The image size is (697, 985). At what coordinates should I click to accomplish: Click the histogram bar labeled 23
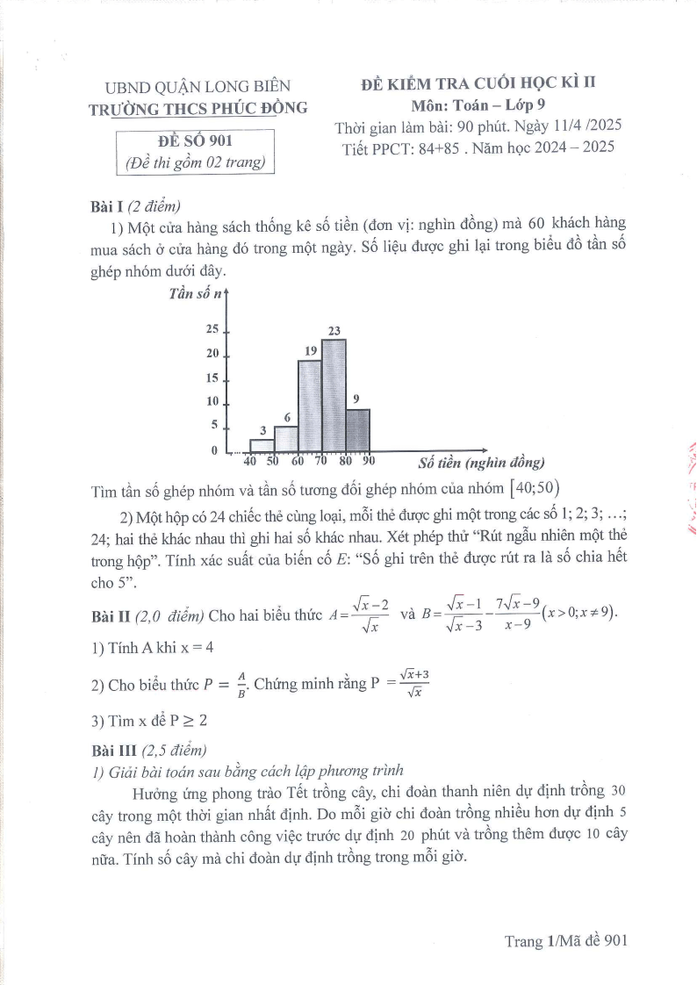pos(334,395)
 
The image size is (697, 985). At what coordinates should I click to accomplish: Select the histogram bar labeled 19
pos(310,406)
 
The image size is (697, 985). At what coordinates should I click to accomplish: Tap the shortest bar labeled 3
pos(262,445)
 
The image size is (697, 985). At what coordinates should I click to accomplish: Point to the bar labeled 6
pos(286,439)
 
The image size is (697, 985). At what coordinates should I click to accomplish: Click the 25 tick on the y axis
pos(212,330)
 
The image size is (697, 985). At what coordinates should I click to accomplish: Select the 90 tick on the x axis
pos(368,461)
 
